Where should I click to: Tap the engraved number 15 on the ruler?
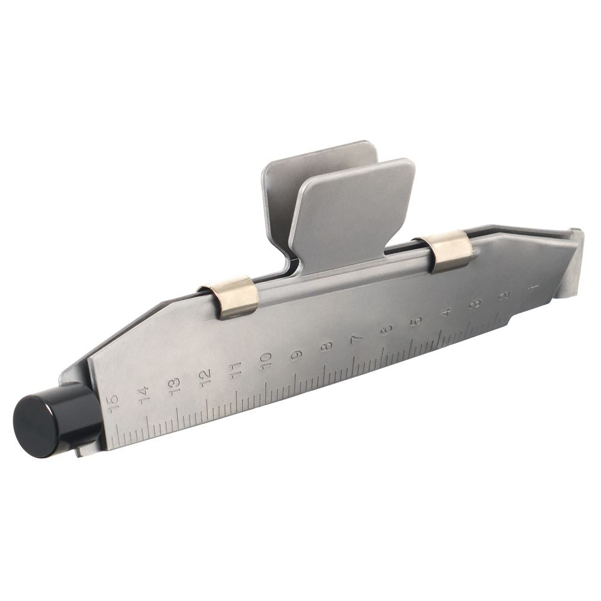114,404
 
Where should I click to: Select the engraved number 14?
144,395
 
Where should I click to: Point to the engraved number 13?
174,386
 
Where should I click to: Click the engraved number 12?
206,377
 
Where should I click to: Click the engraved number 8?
326,347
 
